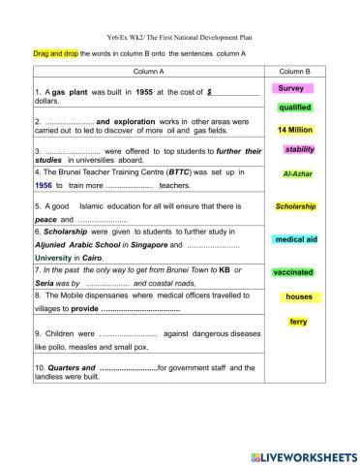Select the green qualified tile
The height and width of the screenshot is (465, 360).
tap(294, 108)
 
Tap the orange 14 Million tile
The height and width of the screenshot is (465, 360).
tap(294, 129)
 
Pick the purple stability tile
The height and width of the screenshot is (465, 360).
tap(300, 149)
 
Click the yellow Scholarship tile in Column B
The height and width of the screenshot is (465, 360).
tap(296, 206)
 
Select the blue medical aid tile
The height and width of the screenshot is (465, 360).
tap(295, 238)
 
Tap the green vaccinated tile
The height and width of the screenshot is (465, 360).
tap(294, 272)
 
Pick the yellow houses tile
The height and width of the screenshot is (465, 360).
tap(299, 296)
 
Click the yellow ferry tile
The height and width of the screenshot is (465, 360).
tap(298, 322)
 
